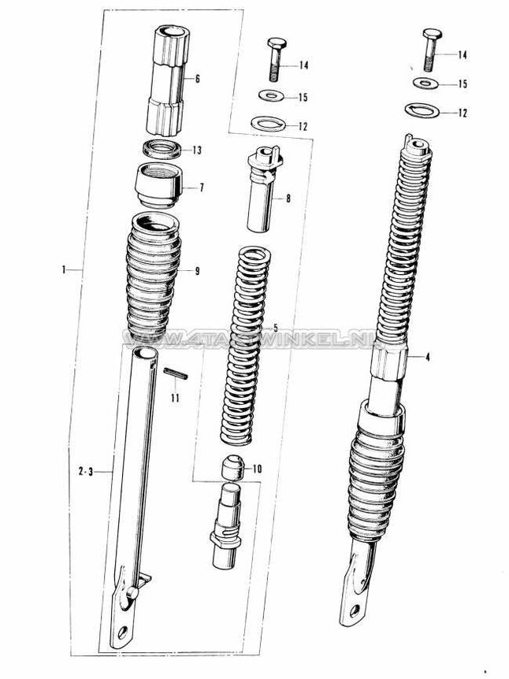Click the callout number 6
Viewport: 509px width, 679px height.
[197, 79]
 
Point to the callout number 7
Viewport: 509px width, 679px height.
[201, 188]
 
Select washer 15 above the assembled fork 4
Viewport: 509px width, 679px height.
[426, 83]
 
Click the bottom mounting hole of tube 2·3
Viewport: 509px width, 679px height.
[122, 632]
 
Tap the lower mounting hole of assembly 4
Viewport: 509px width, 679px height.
[347, 608]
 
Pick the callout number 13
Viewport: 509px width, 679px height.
[196, 150]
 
